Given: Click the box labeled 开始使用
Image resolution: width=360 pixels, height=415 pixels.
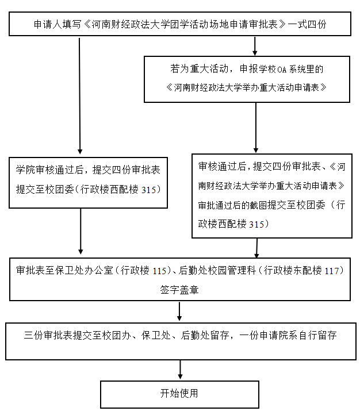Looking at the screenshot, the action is click(x=179, y=394).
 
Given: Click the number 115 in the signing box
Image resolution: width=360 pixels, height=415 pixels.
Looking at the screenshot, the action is click(x=159, y=271).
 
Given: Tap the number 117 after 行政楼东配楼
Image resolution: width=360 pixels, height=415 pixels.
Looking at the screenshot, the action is click(x=331, y=271).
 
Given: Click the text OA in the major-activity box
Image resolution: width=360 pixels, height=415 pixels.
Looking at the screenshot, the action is click(x=282, y=70).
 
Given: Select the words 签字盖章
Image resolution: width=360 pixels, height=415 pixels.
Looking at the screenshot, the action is click(x=179, y=290).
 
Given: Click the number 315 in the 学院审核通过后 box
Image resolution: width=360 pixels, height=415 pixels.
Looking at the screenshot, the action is click(x=148, y=190).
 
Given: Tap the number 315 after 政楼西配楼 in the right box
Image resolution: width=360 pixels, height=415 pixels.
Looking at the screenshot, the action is click(x=256, y=224).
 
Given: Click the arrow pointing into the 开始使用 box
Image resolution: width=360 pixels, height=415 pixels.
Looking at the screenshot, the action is click(x=180, y=370).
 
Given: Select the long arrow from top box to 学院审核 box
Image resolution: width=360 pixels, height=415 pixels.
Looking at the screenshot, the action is click(x=79, y=96).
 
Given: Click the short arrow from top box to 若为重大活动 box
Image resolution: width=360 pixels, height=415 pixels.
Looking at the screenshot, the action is click(x=255, y=46).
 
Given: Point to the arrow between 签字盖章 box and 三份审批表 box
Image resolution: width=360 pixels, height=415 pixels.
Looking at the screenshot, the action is click(x=179, y=312).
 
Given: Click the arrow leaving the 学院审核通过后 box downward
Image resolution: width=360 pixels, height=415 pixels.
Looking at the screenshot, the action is click(x=81, y=231).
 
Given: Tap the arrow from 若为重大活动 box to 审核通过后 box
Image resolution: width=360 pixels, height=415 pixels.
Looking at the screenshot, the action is click(x=256, y=128).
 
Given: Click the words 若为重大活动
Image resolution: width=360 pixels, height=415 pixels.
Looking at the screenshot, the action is click(x=199, y=69).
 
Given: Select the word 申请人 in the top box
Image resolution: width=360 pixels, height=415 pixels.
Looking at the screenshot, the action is click(x=48, y=24).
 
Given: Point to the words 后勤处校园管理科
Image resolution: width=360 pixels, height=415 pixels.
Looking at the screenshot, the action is click(x=217, y=271).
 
